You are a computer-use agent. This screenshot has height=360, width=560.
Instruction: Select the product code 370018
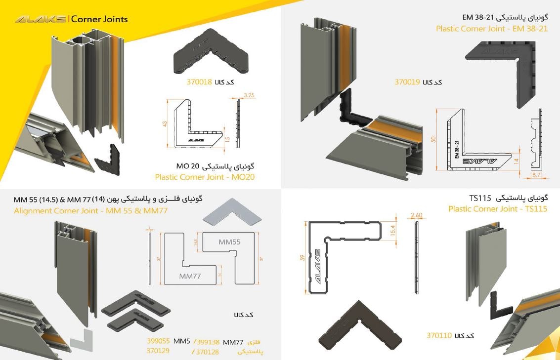point(200,82)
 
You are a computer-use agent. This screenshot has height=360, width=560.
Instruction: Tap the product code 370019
point(407,82)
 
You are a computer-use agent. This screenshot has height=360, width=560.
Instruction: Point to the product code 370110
point(439,335)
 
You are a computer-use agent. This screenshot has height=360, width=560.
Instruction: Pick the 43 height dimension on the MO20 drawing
point(165,123)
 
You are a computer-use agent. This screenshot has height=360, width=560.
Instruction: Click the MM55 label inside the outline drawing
point(229,242)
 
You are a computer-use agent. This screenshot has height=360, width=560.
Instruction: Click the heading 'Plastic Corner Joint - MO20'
point(205,177)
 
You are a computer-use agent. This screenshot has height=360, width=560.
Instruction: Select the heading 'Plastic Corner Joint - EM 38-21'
point(491,29)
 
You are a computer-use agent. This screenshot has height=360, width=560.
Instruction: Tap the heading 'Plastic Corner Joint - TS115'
point(498,209)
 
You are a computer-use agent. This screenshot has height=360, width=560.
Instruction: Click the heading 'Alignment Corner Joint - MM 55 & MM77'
point(90,211)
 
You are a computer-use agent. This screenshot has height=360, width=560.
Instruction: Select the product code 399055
point(158,341)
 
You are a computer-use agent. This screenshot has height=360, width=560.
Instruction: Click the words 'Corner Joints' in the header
point(99,19)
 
